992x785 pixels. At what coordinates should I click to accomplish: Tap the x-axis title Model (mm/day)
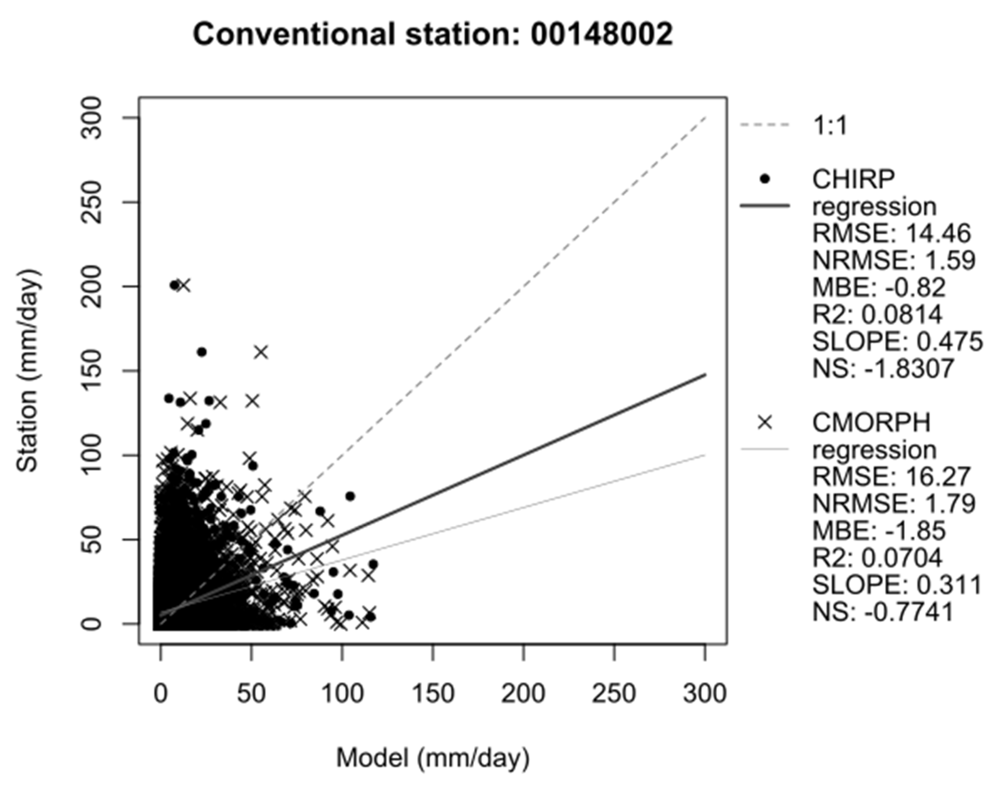tap(433, 757)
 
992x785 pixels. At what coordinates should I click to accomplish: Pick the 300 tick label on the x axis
tap(704, 693)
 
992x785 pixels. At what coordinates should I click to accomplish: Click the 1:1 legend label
tap(830, 125)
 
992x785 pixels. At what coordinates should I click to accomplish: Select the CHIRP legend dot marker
tap(765, 179)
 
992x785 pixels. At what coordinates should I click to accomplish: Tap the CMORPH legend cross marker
tap(765, 422)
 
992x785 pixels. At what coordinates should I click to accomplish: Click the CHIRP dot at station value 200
tap(174, 285)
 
